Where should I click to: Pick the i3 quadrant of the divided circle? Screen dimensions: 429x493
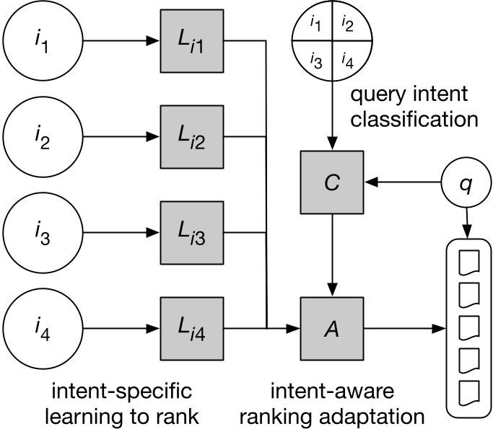coord(315,59)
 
